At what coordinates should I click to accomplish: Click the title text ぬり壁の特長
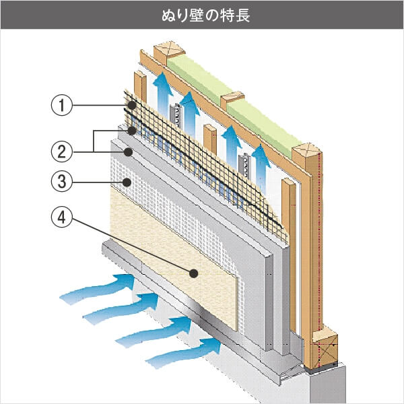(202, 15)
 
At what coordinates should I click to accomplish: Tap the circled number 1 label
(62, 106)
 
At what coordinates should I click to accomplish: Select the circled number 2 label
(62, 150)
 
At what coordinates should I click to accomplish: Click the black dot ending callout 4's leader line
(194, 273)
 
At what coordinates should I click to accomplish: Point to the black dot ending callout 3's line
(127, 182)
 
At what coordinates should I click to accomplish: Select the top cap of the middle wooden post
(232, 99)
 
